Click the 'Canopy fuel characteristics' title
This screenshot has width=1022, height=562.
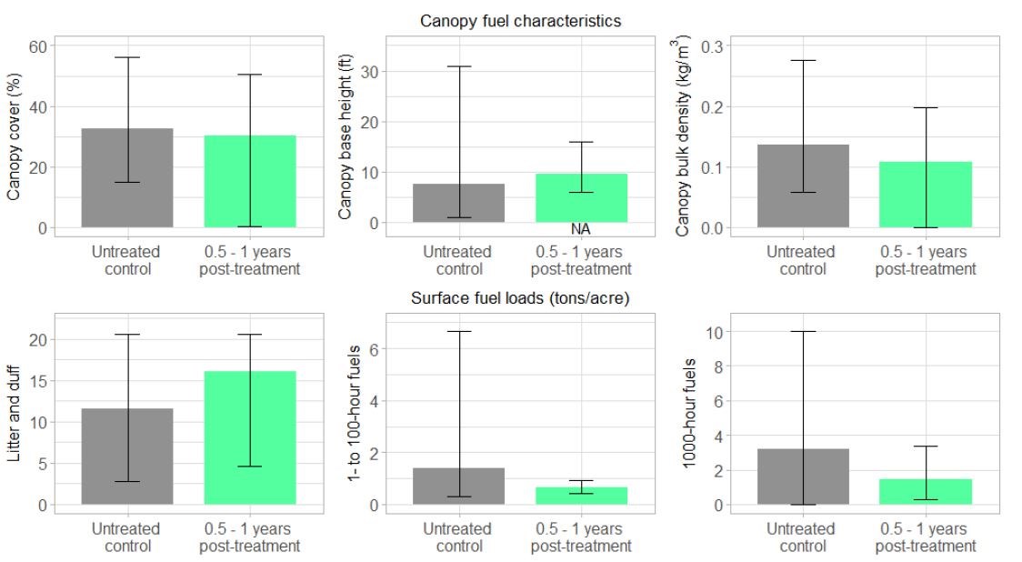[520, 21]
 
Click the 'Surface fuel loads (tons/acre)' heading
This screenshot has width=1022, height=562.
[520, 297]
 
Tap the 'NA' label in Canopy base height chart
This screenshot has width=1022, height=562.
[581, 229]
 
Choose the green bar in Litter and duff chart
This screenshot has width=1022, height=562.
[250, 437]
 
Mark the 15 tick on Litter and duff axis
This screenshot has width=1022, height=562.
[36, 381]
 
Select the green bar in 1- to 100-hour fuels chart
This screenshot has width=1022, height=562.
[581, 496]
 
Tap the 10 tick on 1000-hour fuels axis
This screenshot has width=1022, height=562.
[715, 332]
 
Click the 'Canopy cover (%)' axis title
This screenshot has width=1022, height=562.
[15, 136]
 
